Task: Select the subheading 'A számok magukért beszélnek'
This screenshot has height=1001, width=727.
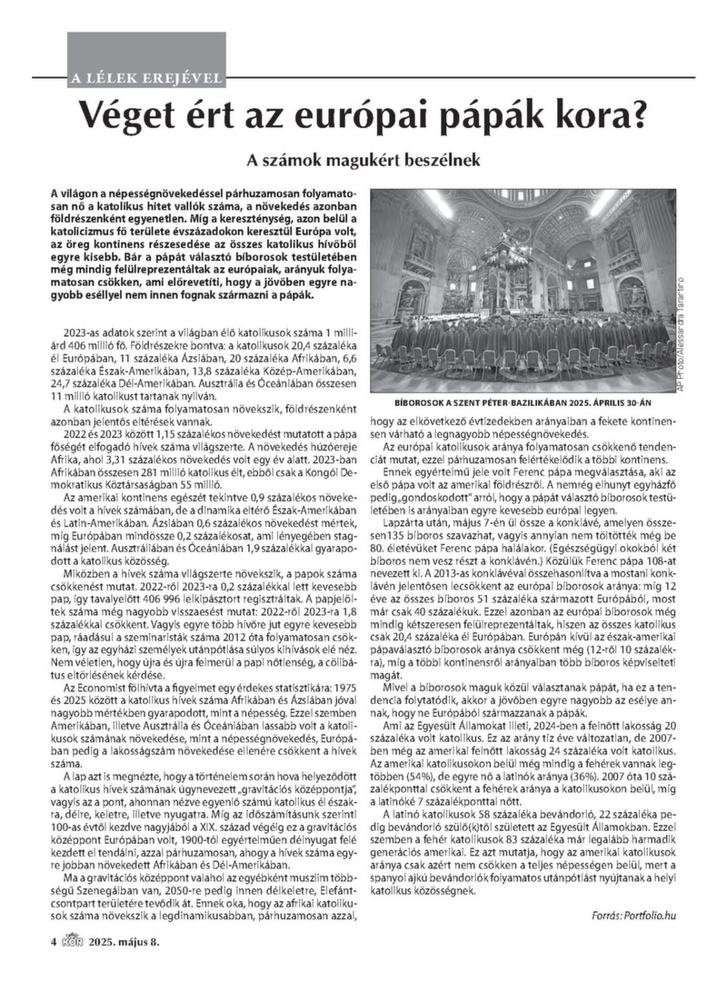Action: (363, 159)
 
